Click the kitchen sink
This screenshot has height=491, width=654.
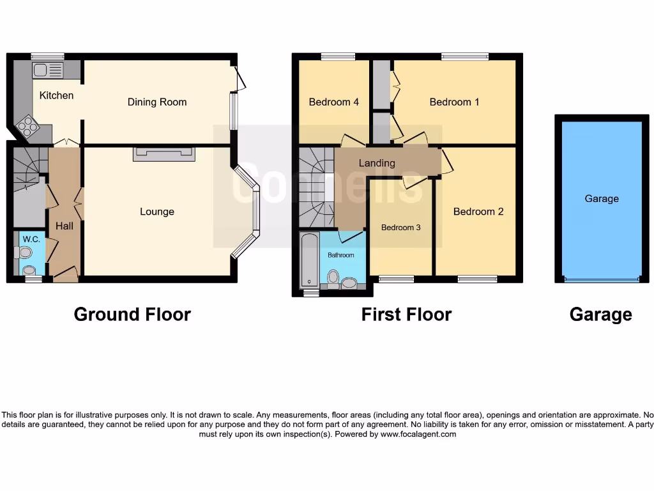click(49, 70)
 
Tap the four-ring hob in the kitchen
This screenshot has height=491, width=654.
click(29, 127)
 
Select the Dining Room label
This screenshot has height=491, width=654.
click(157, 102)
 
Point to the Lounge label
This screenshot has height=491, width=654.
click(157, 212)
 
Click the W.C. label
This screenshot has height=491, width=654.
click(32, 240)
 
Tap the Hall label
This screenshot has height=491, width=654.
click(65, 226)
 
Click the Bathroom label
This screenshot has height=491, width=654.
click(341, 255)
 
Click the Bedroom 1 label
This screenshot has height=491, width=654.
click(454, 102)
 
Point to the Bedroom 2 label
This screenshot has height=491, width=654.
click(478, 212)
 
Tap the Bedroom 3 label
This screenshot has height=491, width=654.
click(401, 227)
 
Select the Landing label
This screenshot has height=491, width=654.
click(377, 163)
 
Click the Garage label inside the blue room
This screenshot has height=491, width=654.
click(602, 199)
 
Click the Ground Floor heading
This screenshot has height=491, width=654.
click(132, 315)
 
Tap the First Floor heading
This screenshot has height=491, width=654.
click(406, 315)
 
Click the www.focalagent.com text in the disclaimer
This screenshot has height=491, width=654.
click(418, 434)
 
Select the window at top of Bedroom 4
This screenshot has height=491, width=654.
click(338, 57)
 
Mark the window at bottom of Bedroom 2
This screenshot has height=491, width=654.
click(477, 279)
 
